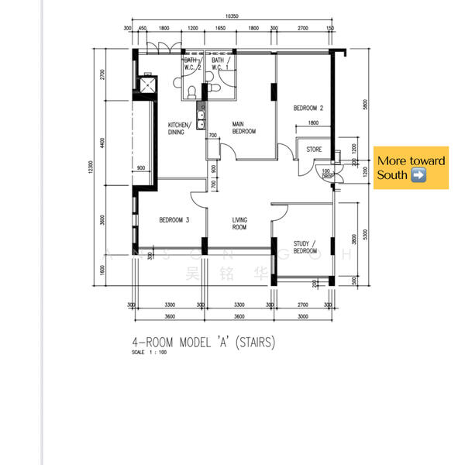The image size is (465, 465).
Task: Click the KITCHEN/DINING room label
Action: [181, 128]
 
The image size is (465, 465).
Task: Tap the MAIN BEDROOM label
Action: [244, 127]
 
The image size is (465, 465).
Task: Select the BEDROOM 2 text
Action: [308, 108]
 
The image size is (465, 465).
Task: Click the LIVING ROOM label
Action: [239, 224]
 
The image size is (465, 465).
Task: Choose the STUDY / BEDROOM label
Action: [305, 248]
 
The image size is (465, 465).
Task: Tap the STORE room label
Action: [314, 149]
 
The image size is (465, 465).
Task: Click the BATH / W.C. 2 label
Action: [192, 64]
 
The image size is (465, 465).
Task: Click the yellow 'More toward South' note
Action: [411, 167]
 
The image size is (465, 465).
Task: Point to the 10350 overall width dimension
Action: [231, 15]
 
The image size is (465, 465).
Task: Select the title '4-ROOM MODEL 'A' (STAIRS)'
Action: [205, 342]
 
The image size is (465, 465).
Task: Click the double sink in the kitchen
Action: [200, 119]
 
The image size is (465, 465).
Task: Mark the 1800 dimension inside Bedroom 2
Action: [312, 123]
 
